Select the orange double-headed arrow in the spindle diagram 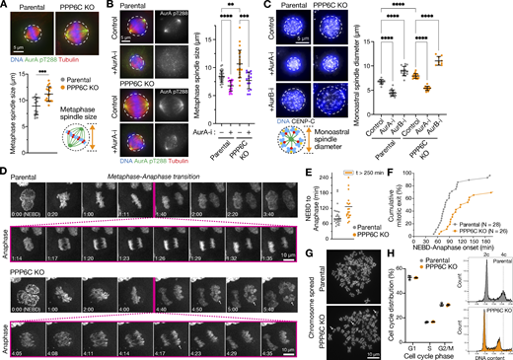(x=115, y=148)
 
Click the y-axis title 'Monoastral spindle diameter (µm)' (x=359, y=88)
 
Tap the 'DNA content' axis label (x=487, y=354)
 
